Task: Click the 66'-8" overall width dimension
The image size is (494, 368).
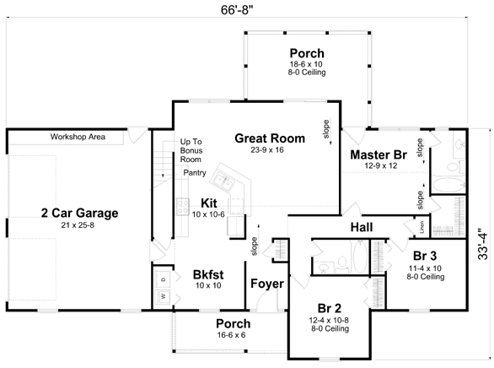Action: [237, 10]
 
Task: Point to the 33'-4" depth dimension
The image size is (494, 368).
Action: [482, 246]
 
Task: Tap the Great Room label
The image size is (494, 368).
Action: [270, 138]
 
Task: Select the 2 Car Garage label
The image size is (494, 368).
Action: [80, 214]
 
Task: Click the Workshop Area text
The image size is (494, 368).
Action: [78, 137]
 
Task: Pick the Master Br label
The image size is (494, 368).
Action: [379, 154]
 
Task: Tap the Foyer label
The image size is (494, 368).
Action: [267, 284]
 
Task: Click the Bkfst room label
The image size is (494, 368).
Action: [208, 274]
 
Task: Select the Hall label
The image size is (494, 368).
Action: [362, 227]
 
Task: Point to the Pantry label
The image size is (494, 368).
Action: [195, 172]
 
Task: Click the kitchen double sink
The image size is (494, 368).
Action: [223, 182]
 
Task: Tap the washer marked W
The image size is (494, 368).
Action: [164, 295]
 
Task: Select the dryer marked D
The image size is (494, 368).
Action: [164, 279]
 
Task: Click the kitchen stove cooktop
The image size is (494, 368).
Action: [182, 207]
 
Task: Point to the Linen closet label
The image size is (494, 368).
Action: [422, 227]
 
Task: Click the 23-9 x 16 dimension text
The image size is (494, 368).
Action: [267, 150]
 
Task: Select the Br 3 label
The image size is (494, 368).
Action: [425, 256]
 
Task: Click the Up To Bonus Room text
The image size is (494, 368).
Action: [191, 150]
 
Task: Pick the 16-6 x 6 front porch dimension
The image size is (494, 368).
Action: [231, 335]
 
